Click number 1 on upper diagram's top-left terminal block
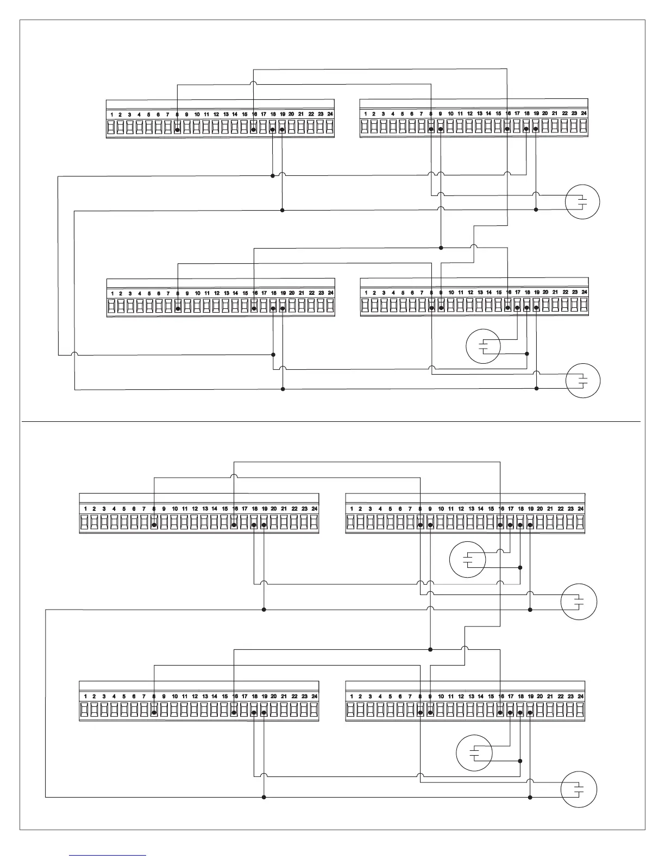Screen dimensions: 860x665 [x=112, y=115]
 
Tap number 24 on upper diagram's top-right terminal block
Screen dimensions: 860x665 [x=584, y=113]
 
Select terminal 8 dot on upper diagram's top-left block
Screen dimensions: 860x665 [x=177, y=130]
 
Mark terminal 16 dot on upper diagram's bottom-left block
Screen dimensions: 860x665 [x=254, y=308]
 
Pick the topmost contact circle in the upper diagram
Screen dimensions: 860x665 [x=582, y=202]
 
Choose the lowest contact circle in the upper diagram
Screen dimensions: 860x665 [x=583, y=381]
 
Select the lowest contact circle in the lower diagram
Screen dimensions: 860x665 [x=579, y=789]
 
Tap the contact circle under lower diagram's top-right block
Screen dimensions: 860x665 [x=468, y=559]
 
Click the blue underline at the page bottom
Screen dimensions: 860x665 [x=108, y=856]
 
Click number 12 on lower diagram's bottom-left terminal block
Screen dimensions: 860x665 [x=195, y=696]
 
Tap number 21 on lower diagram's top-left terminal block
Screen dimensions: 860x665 [x=284, y=509]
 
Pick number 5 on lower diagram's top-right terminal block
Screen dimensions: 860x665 [x=390, y=509]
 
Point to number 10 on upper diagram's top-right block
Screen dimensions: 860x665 [x=450, y=114]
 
